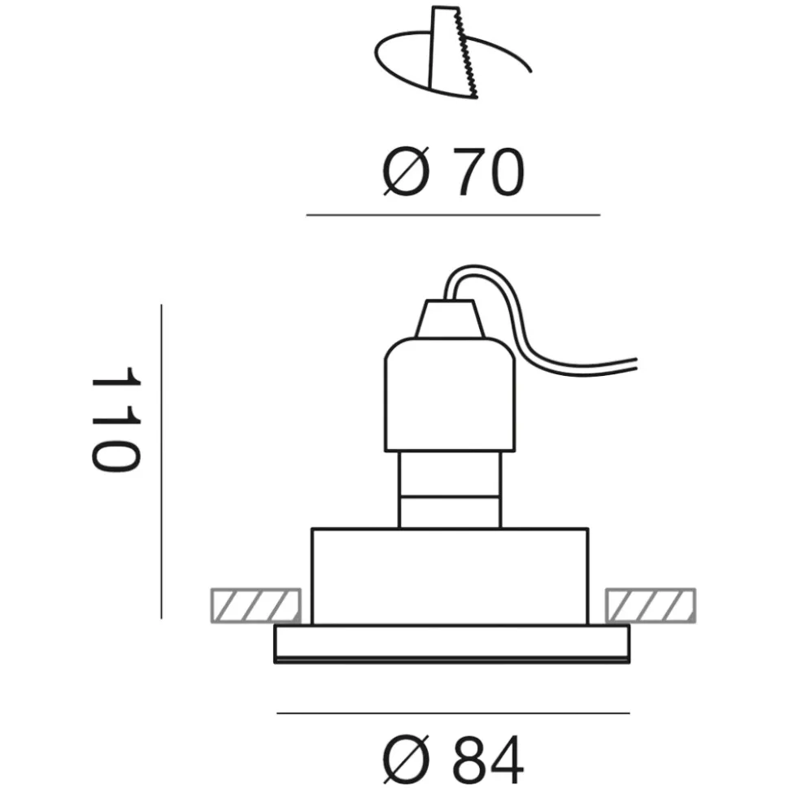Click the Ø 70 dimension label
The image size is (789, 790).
click(453, 172)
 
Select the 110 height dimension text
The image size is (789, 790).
click(116, 419)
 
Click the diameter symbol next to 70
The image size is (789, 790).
click(406, 172)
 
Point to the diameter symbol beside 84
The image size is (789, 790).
click(406, 762)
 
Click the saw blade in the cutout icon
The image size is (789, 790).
click(453, 52)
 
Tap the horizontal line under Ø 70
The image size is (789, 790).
click(453, 215)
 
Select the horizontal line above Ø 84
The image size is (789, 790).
click(453, 713)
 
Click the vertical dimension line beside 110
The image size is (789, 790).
click(161, 461)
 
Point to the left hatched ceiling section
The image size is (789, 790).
click(256, 605)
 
